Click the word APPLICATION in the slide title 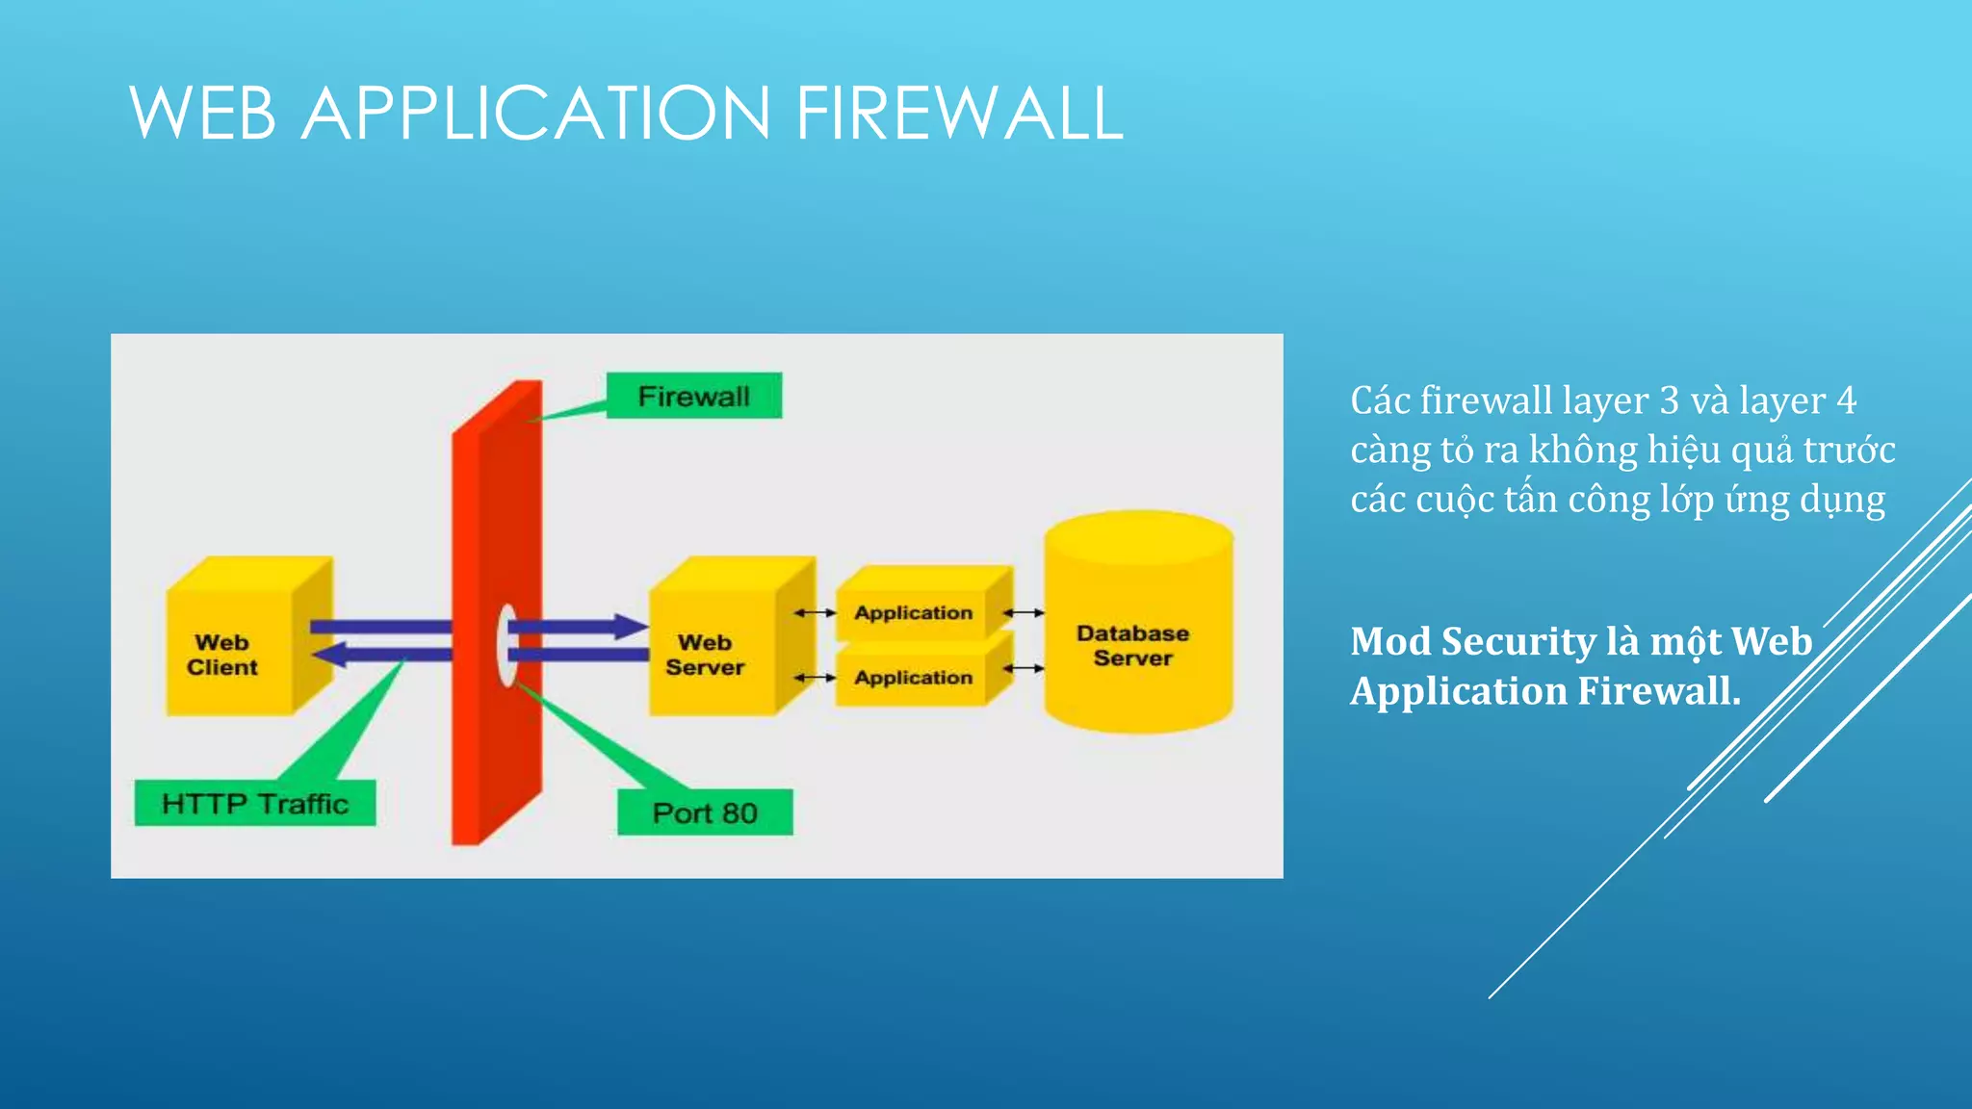(x=535, y=114)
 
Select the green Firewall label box (x=693, y=396)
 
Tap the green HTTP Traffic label (x=255, y=803)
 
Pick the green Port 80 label (x=705, y=812)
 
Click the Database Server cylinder (x=1136, y=635)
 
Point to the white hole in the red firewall (x=506, y=644)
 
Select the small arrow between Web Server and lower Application (x=815, y=678)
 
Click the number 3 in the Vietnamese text (x=1669, y=400)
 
